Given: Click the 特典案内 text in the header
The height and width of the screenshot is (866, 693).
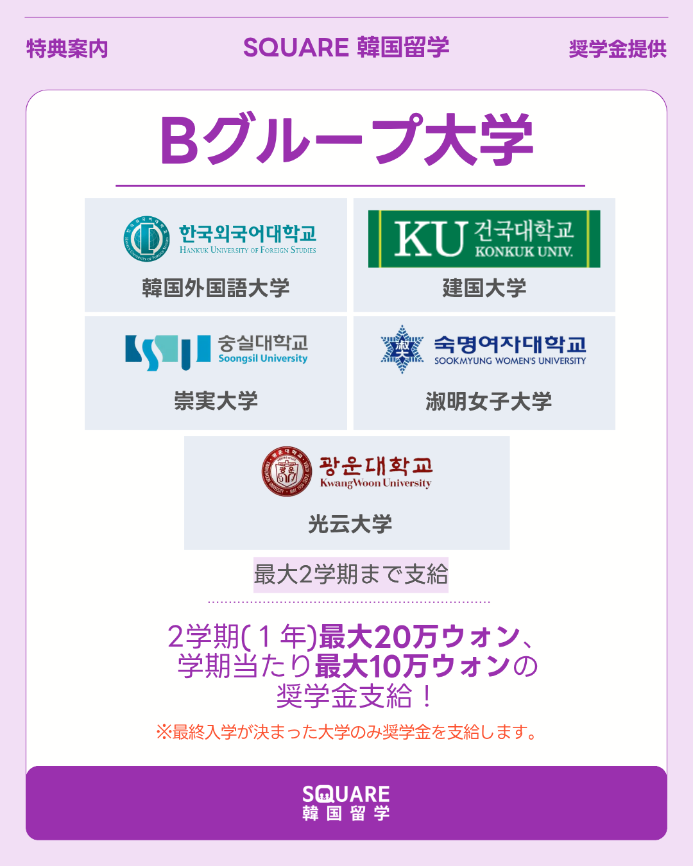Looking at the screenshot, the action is click(67, 49).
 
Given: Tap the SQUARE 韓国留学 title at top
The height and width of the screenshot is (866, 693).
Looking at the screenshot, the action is click(346, 47).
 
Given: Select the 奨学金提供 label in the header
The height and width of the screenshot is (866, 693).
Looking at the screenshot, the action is click(617, 49).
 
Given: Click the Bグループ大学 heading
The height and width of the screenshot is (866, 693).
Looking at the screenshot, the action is click(346, 140).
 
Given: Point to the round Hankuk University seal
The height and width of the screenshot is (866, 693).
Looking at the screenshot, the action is click(147, 239).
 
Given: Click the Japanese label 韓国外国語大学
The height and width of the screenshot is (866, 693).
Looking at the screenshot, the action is click(216, 287).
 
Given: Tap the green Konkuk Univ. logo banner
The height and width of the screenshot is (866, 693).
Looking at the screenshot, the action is click(484, 239).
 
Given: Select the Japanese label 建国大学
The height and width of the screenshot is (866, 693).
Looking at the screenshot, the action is click(484, 287).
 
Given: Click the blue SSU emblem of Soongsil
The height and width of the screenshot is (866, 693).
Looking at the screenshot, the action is click(167, 352).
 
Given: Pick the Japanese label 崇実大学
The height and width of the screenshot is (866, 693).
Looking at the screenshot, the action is click(216, 401).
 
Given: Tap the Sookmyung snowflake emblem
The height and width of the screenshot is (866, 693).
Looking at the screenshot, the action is click(402, 349).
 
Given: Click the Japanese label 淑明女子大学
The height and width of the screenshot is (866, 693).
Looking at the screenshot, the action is click(488, 402).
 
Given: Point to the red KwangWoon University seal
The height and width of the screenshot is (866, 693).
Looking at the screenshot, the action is click(287, 471).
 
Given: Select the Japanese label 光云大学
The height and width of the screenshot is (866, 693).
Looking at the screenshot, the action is click(350, 524).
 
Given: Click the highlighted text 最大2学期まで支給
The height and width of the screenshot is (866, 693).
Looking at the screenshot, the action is click(351, 574).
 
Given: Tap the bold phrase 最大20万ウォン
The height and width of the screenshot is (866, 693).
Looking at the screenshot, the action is click(419, 636).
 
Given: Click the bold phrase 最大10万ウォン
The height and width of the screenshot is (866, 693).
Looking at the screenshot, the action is click(413, 666).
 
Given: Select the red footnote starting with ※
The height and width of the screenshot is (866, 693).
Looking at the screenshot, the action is click(346, 732).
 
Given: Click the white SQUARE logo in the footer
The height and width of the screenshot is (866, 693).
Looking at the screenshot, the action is click(346, 802).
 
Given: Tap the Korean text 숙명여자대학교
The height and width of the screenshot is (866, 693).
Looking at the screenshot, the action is click(510, 344).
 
